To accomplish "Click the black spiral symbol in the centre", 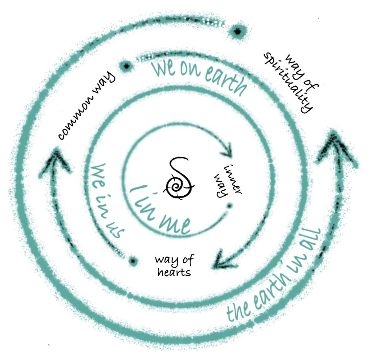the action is (x=179, y=179).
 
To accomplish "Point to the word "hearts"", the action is (x=174, y=272).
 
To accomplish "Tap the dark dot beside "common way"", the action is (x=126, y=66).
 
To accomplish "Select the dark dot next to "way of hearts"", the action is (x=133, y=261).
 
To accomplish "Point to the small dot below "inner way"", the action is (x=230, y=206).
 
